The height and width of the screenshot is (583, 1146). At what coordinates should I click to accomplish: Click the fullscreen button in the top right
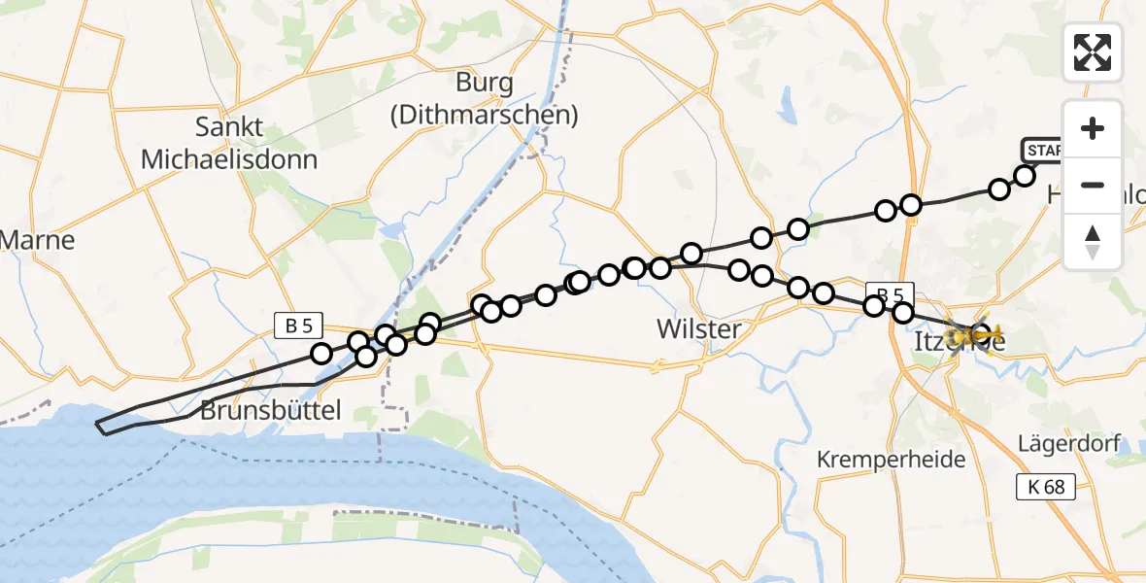click(1093, 51)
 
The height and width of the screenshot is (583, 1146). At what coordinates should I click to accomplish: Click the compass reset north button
click(1093, 242)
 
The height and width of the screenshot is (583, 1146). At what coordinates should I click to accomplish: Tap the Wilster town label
click(699, 329)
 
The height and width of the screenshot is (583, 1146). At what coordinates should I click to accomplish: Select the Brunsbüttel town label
click(271, 411)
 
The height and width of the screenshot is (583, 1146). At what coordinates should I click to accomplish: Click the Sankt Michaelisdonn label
click(229, 143)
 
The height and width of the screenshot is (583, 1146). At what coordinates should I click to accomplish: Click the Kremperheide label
click(892, 459)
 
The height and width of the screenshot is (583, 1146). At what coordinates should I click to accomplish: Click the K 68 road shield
click(1046, 487)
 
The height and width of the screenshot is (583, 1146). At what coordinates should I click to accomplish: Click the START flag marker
click(1043, 151)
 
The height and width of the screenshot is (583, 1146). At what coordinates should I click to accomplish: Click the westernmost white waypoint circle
click(321, 354)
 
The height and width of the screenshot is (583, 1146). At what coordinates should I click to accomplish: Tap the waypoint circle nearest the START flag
click(1025, 176)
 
